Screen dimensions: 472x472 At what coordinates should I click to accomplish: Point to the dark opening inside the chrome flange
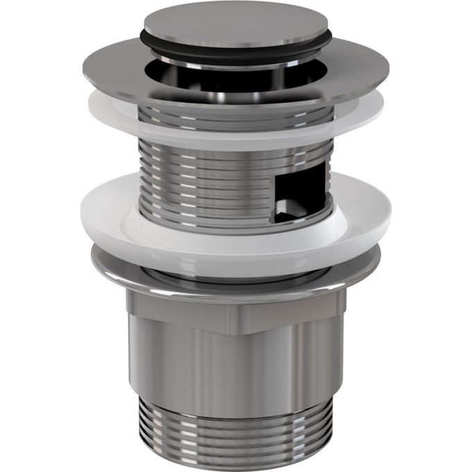(x=208, y=82)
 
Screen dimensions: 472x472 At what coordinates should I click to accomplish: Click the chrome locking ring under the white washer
(x=236, y=274)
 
